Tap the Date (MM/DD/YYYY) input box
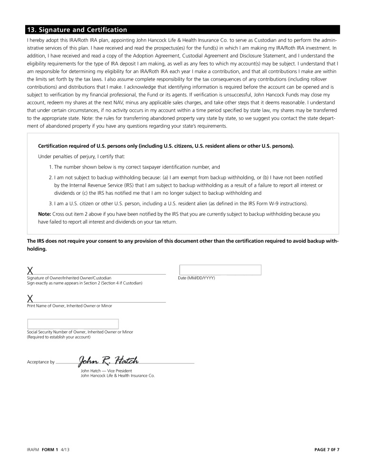click(x=220, y=270)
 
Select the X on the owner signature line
click(x=30, y=271)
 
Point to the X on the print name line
click(x=30, y=299)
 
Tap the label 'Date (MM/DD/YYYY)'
click(x=196, y=278)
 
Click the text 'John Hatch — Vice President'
click(x=106, y=370)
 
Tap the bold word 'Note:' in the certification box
click(x=44, y=214)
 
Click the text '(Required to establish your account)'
click(x=58, y=337)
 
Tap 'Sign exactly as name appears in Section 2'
click(x=84, y=283)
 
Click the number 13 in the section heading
click(x=31, y=29)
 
